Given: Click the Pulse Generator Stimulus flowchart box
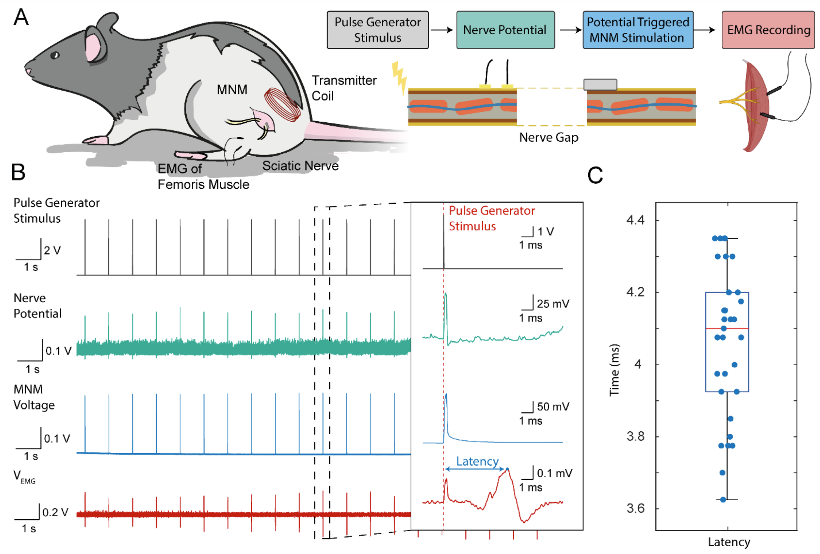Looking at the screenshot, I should (377, 30).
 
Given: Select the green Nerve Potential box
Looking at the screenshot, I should (505, 30).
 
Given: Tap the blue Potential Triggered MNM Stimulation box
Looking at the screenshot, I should (637, 30).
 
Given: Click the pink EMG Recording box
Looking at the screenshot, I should (768, 30).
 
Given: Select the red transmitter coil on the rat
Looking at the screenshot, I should (282, 104).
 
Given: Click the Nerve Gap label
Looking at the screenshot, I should (548, 137).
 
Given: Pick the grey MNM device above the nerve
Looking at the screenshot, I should (600, 84).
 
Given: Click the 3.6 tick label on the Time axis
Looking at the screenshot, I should (635, 508).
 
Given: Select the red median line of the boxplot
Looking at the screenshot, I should (727, 328).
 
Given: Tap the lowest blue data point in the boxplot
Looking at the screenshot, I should (723, 500).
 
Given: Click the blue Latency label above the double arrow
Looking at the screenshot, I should (477, 461).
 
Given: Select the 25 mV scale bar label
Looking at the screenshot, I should (553, 304).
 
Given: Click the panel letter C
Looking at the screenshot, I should (595, 175).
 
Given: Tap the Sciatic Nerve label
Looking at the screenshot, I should (300, 166).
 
